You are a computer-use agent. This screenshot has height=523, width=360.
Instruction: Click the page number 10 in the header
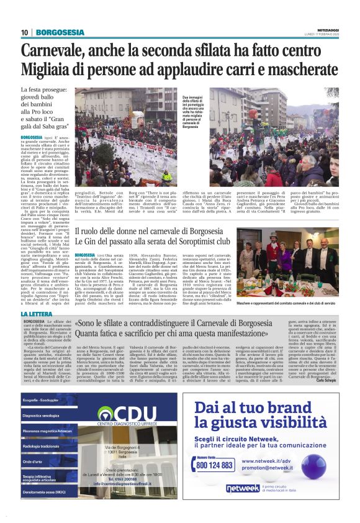[x=24, y=32]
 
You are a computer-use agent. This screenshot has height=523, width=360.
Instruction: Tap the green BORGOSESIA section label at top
[x=60, y=32]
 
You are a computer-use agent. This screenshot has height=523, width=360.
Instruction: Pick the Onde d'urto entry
[x=33, y=462]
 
